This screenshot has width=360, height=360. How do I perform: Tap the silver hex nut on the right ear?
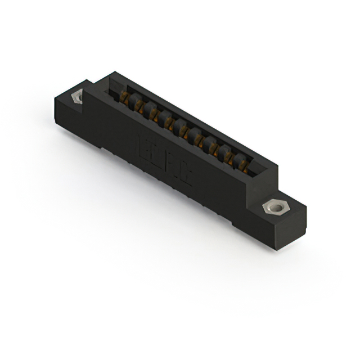[275, 209]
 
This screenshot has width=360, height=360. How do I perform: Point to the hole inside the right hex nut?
[275, 209]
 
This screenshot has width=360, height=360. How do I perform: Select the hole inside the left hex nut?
[76, 97]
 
